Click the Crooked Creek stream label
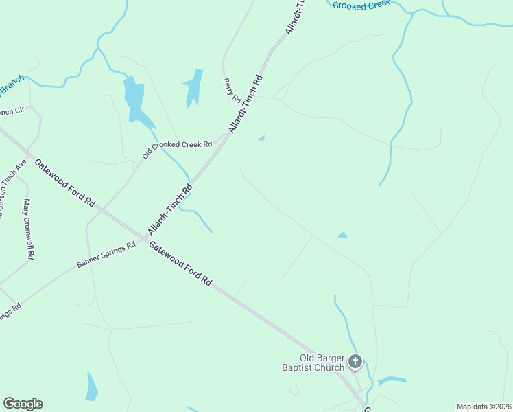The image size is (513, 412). [x=361, y=5]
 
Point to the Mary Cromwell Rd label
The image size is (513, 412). [x=28, y=229]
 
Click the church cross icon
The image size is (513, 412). [x=355, y=361]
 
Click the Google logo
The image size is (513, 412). [x=23, y=404]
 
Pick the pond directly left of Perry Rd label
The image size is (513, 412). [x=194, y=87]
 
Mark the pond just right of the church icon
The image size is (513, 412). [x=392, y=380]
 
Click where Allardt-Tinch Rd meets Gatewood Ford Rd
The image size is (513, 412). [x=145, y=238]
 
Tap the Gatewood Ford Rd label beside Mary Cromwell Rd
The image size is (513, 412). [x=64, y=183]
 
